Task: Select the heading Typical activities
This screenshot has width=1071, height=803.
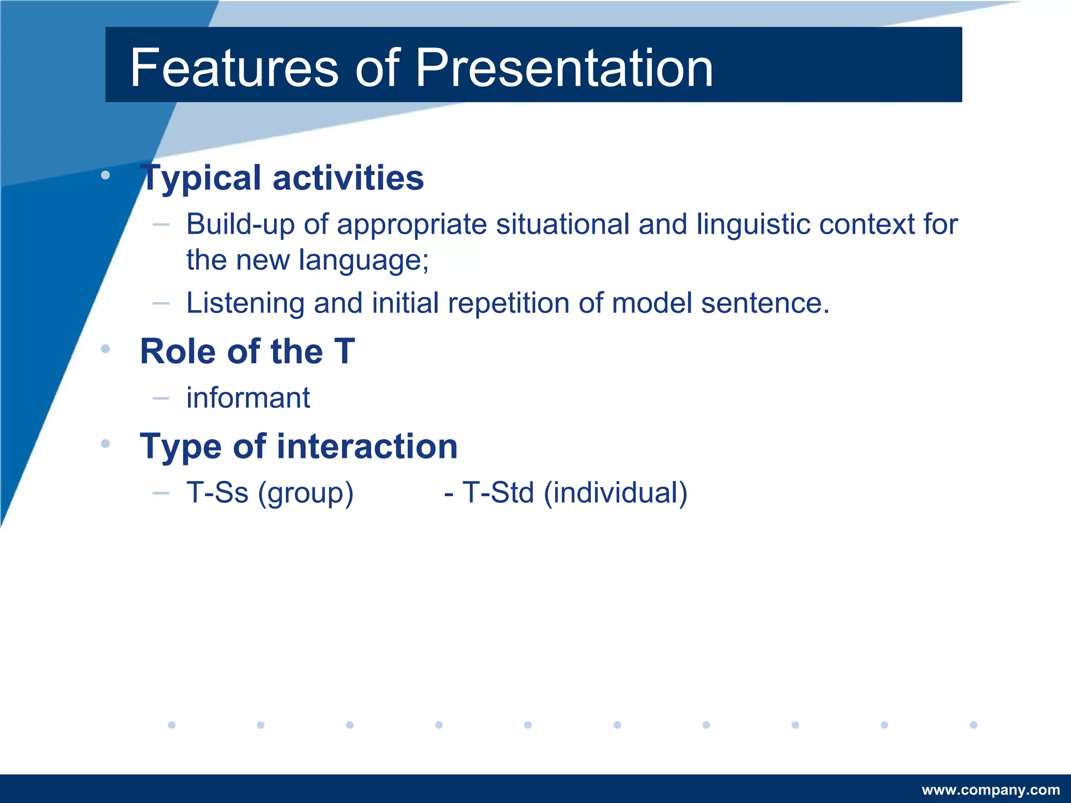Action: (282, 178)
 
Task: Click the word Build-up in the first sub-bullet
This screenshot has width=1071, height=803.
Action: (240, 225)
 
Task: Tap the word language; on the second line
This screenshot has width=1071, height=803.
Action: (363, 260)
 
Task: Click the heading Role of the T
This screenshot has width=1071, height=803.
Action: (247, 351)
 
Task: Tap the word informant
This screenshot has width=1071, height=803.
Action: (248, 398)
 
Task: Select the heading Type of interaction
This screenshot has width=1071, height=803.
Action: (299, 446)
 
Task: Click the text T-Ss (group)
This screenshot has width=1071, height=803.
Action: (270, 493)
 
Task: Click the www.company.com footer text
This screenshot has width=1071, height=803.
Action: (990, 790)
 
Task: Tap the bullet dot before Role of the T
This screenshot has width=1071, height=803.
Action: (106, 349)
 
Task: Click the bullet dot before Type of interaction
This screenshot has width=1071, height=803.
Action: (106, 444)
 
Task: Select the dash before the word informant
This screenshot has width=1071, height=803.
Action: (161, 398)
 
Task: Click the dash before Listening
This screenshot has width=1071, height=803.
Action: (161, 303)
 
